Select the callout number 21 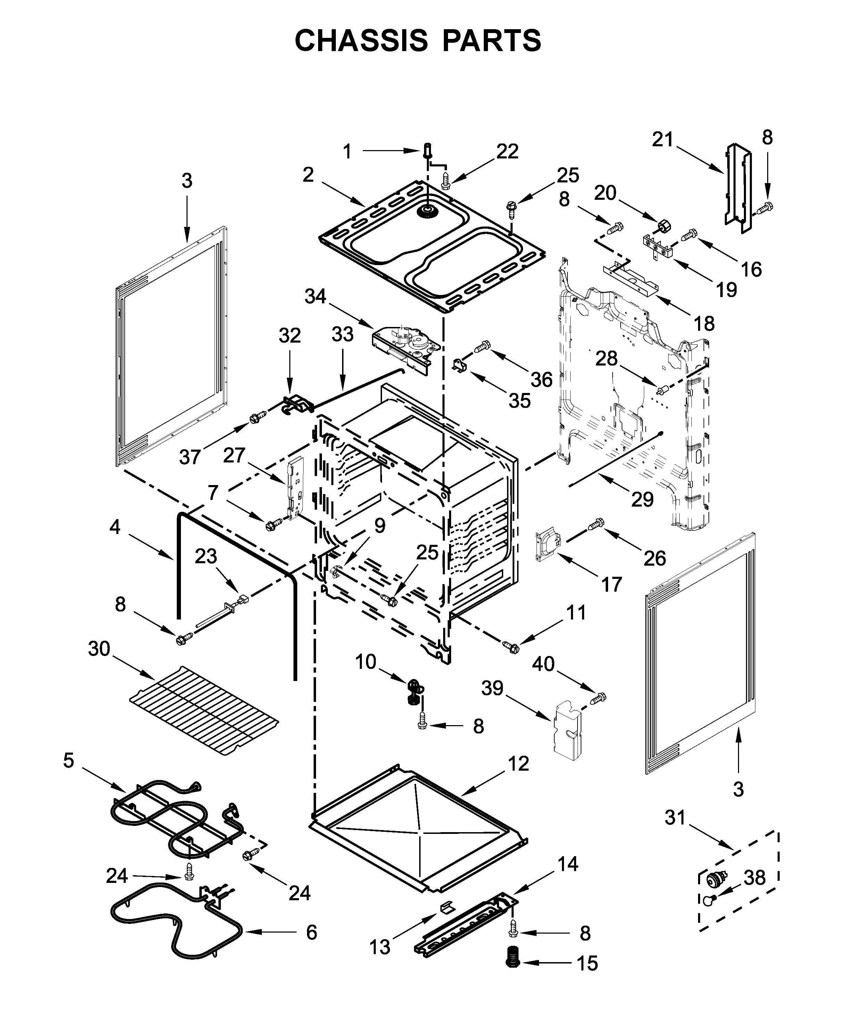[x=663, y=139]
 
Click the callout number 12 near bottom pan [x=519, y=763]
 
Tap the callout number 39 [x=492, y=688]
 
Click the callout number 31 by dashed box [x=675, y=817]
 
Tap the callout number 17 [x=612, y=584]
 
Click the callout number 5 [x=69, y=760]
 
